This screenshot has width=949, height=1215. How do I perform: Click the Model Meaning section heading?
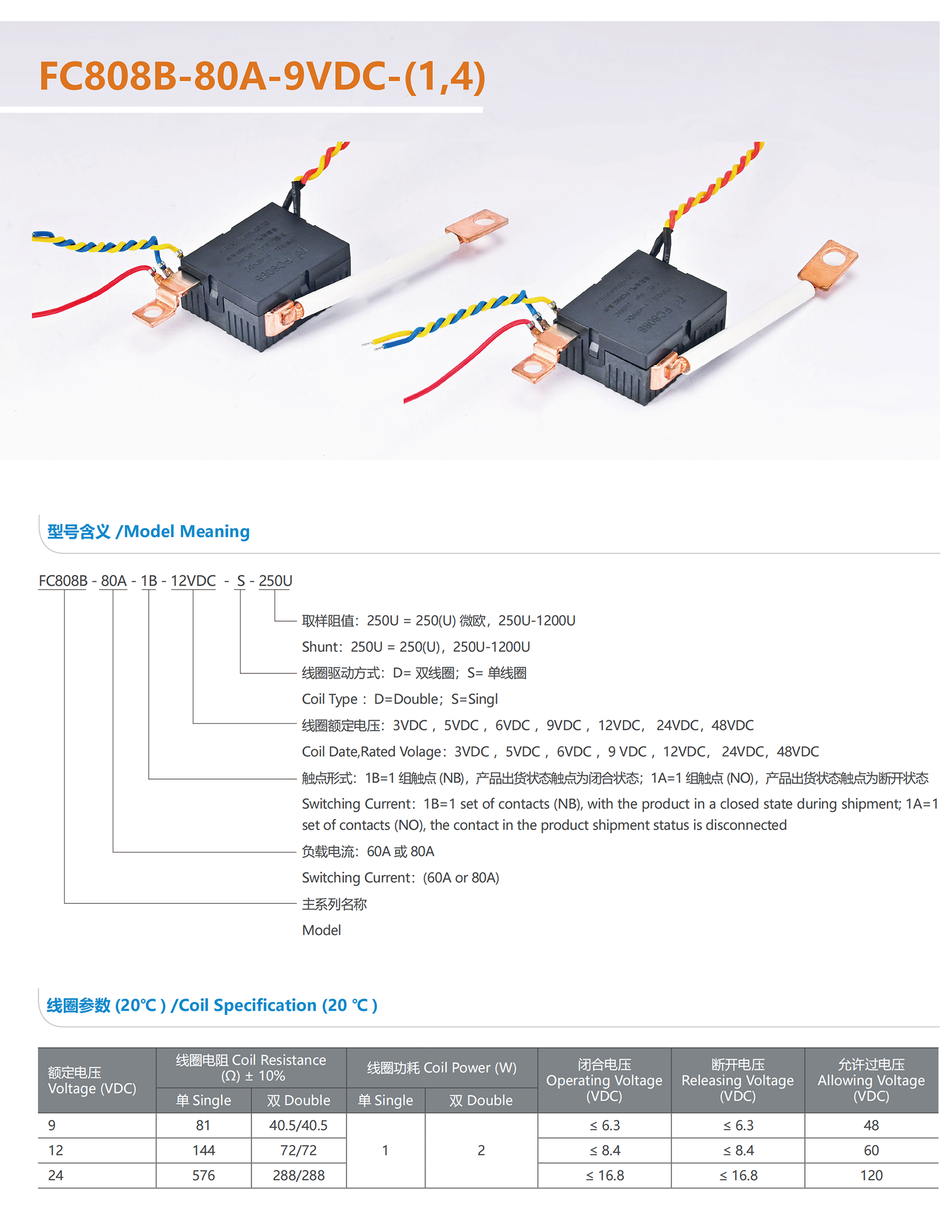tap(148, 531)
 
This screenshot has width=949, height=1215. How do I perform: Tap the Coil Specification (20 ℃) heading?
tap(212, 1005)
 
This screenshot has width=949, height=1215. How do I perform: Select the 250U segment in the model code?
tap(275, 581)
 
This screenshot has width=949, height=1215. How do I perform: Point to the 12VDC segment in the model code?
tap(193, 581)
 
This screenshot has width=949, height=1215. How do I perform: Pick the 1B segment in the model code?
tap(149, 581)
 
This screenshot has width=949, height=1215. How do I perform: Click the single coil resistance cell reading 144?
tap(203, 1150)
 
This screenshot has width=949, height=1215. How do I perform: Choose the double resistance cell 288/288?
tap(298, 1175)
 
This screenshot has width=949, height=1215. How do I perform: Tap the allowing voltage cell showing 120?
tap(871, 1175)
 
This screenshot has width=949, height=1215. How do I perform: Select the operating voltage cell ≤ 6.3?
tap(604, 1125)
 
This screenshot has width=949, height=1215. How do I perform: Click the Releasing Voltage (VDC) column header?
tap(737, 1080)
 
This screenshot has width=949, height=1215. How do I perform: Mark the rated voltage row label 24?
tap(56, 1175)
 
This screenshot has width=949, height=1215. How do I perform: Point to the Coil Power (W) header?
tap(442, 1068)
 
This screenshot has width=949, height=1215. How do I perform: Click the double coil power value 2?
tap(481, 1150)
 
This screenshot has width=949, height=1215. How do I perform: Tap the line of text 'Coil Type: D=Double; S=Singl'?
tap(399, 699)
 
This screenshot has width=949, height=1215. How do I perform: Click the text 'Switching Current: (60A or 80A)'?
tap(400, 877)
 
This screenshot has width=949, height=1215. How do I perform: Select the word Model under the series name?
tap(321, 930)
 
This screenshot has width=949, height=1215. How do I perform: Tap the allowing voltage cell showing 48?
tap(871, 1125)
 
